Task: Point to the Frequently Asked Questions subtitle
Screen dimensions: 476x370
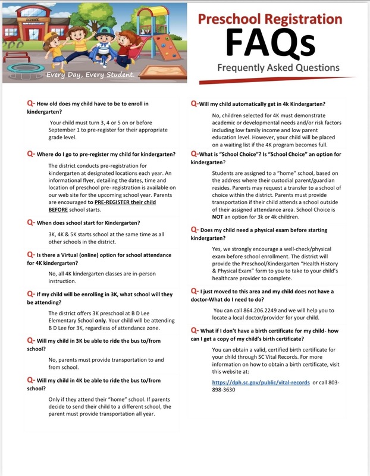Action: point(278,67)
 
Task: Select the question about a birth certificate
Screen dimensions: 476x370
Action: point(274,333)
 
